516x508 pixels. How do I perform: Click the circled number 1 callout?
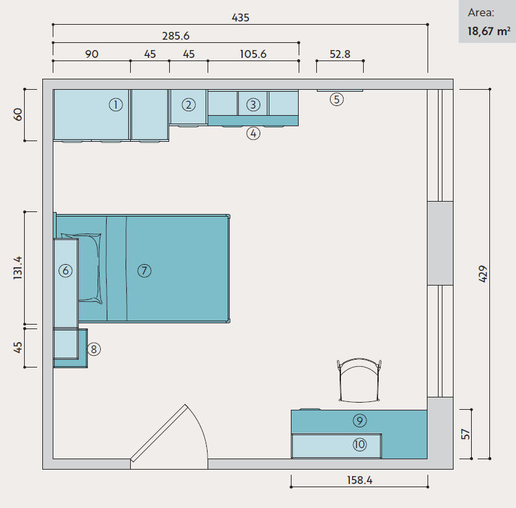[116, 105]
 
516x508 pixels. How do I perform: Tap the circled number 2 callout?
[189, 105]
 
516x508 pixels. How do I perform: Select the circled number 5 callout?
[336, 100]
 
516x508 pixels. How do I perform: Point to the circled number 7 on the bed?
[144, 271]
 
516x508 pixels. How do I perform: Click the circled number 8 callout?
[94, 349]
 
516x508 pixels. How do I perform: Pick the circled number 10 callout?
[360, 445]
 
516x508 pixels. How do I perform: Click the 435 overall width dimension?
[241, 18]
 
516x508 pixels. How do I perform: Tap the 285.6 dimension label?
[176, 36]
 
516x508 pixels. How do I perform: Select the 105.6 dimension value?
[253, 54]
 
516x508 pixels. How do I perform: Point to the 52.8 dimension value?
[340, 54]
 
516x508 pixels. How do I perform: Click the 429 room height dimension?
[482, 274]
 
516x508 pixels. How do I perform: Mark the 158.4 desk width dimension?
[360, 481]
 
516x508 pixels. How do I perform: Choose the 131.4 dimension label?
[18, 268]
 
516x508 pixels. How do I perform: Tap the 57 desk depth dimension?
[465, 434]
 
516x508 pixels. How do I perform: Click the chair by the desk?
[359, 381]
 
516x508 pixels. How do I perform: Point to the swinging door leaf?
[159, 433]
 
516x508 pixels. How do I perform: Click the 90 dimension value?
[92, 54]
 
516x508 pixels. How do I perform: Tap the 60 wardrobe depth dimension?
[18, 114]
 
